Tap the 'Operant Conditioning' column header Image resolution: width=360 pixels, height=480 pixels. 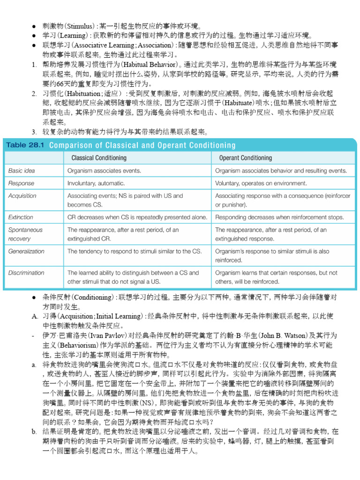[245, 158]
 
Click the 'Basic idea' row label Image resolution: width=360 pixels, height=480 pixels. [22, 171]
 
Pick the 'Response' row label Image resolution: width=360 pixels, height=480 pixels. [22, 183]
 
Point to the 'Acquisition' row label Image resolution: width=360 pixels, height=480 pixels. [22, 196]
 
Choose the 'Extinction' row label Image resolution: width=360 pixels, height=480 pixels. [21, 217]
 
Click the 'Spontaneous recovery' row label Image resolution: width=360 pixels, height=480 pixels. [26, 234]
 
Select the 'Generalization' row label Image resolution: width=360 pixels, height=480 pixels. [27, 251]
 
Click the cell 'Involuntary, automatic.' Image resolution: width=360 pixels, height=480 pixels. [96, 183]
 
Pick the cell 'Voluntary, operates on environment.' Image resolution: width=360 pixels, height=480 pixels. [261, 183]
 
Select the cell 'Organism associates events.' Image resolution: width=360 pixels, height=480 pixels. [104, 171]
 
